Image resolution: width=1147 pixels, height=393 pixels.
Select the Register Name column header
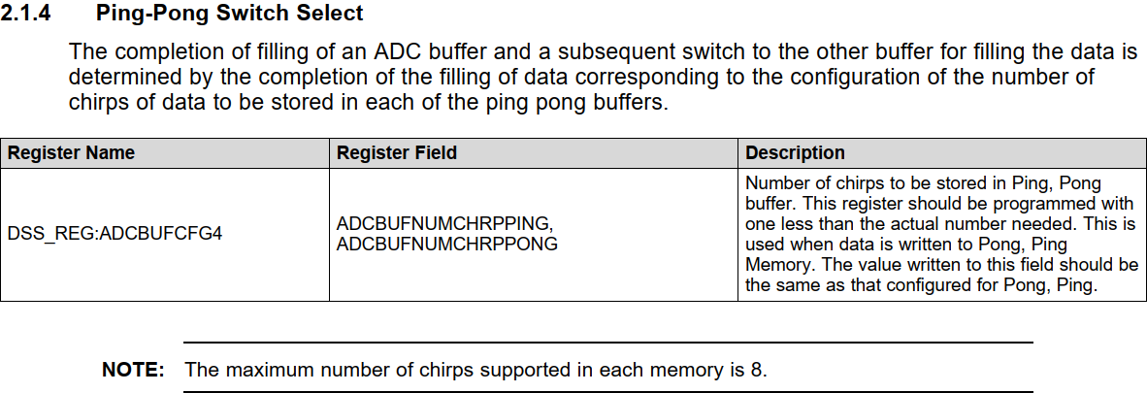tap(71, 152)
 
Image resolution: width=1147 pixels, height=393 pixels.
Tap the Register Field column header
tap(396, 152)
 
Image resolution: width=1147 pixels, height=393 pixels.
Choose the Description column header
tap(795, 152)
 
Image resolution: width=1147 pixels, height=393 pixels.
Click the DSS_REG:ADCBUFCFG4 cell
tap(115, 234)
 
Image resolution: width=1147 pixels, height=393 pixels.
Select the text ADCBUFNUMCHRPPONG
tap(447, 244)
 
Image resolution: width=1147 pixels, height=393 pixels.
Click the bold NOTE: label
tap(132, 370)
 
